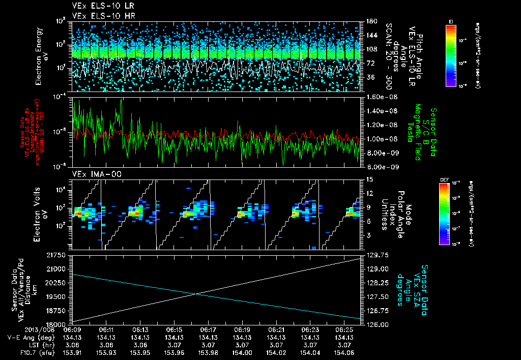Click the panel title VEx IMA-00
coord(93,174)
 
